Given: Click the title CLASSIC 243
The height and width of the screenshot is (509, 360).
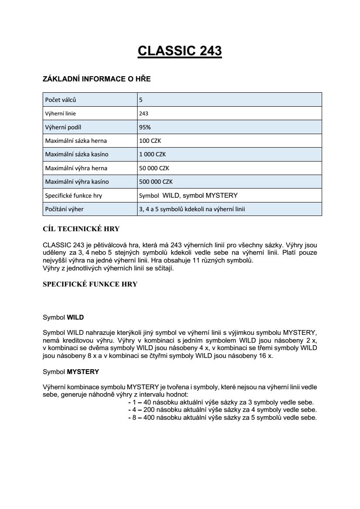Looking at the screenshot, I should click(180, 51).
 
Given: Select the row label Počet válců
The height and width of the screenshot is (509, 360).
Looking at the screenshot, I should click(61, 100).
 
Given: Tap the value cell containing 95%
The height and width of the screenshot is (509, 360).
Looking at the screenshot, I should click(145, 127).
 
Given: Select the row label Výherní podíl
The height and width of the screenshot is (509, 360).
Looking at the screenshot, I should click(64, 127).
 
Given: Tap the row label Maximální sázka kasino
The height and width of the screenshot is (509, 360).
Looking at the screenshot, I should click(77, 155).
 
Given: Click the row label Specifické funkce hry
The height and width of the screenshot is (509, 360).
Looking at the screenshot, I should click(74, 196).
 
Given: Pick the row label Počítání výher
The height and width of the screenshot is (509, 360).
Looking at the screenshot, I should click(64, 209).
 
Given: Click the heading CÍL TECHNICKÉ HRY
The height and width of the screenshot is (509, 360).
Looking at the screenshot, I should click(81, 229).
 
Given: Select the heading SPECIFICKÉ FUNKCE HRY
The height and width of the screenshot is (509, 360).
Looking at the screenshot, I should click(90, 284).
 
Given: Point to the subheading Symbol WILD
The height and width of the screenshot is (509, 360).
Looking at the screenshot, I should click(63, 317).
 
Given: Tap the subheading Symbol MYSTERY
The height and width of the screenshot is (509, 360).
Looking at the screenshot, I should click(71, 372).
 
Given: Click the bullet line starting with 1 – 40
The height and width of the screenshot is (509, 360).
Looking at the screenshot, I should click(221, 402).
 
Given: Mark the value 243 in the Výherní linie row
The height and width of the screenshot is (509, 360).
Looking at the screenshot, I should click(144, 114).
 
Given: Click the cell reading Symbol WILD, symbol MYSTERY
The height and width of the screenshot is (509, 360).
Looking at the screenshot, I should click(188, 196).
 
